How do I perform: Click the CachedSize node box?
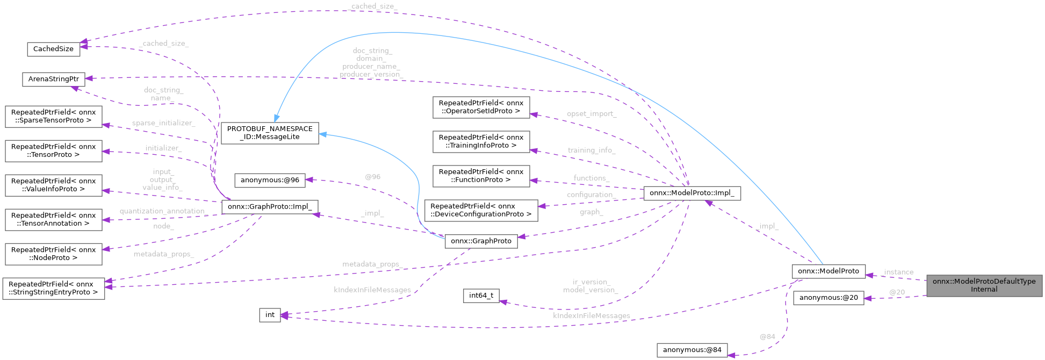(53, 49)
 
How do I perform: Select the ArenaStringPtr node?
(53, 79)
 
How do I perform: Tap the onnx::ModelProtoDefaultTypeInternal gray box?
(984, 285)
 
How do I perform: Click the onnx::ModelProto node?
(828, 271)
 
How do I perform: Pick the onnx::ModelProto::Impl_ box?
(692, 193)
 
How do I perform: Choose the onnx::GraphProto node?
(481, 241)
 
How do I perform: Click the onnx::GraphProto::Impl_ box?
(270, 206)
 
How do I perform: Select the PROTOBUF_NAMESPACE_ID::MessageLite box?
(270, 133)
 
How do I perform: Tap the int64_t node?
(481, 296)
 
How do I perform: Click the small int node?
(270, 315)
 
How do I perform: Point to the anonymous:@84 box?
(692, 350)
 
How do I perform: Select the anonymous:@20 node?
(828, 298)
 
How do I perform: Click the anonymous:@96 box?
(270, 180)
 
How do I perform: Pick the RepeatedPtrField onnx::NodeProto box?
(53, 254)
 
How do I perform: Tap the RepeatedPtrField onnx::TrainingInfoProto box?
(481, 141)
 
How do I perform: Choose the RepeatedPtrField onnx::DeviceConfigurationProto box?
(481, 210)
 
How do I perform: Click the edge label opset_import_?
(591, 114)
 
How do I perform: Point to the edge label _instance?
(898, 272)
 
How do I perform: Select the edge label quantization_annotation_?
(163, 211)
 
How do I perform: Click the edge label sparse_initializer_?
(163, 123)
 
